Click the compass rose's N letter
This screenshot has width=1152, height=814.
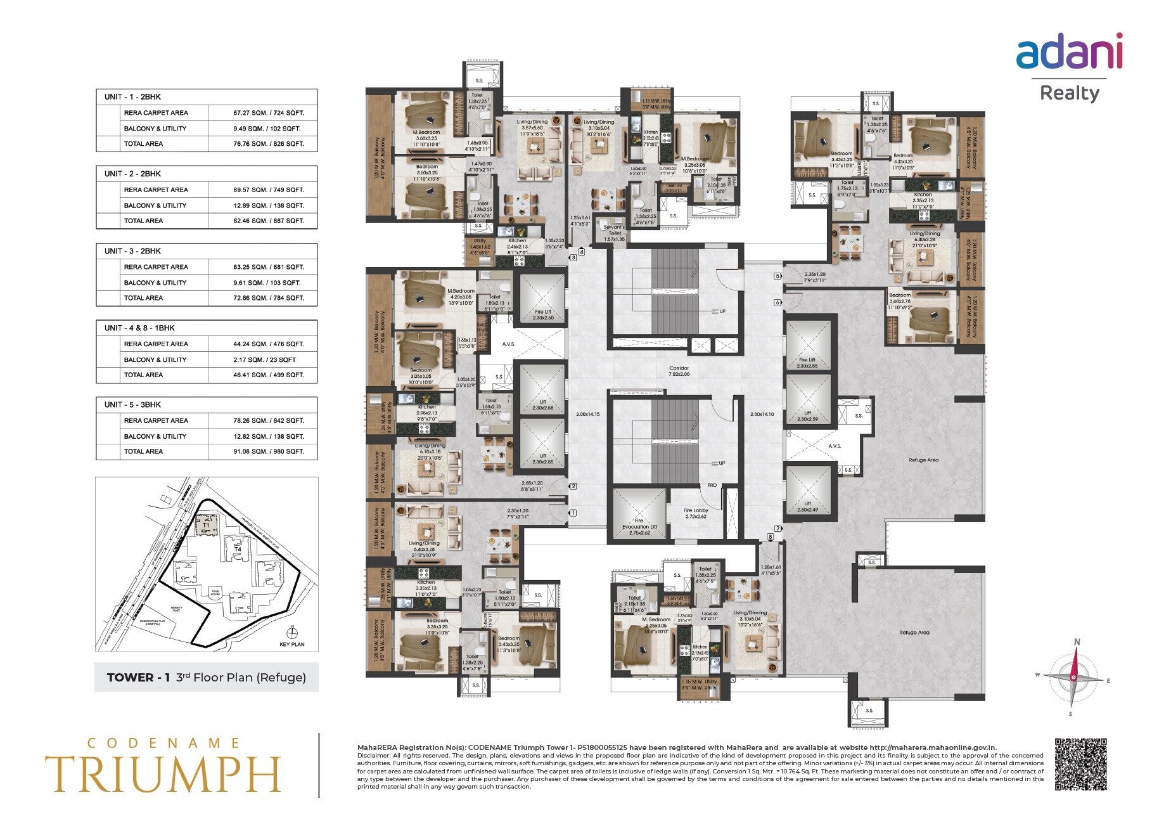1077,642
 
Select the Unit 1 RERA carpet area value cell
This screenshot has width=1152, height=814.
268,113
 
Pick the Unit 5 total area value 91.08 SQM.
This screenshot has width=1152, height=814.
268,451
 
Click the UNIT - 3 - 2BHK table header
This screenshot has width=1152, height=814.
132,251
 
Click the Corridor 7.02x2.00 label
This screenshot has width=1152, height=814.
679,371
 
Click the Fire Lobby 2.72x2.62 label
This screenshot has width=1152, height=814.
696,513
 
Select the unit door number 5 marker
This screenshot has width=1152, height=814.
778,276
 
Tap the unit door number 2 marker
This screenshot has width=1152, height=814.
573,486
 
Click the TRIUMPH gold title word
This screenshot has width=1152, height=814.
162,774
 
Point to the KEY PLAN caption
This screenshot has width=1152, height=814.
292,644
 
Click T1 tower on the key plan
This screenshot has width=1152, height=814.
206,526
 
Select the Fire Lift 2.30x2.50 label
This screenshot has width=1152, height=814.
543,314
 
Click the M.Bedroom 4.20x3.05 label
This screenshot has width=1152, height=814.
461,294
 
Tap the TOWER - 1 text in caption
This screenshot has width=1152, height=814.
138,677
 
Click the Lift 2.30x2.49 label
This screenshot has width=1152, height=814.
807,507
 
